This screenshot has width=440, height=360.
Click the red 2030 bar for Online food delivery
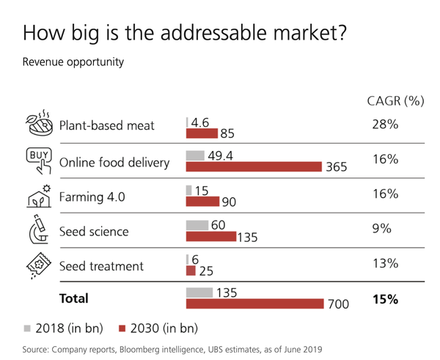point(254,167)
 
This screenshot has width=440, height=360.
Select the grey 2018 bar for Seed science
point(197,225)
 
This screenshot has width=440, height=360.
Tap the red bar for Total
point(254,304)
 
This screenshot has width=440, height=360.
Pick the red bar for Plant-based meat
point(202,133)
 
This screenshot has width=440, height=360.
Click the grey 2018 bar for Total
point(199,293)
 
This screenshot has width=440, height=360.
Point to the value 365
point(337,168)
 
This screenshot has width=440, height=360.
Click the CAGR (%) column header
point(395,101)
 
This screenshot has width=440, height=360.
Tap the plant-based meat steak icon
point(37,124)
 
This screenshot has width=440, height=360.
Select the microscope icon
point(37,229)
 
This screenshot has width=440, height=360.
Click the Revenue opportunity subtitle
point(73,62)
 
